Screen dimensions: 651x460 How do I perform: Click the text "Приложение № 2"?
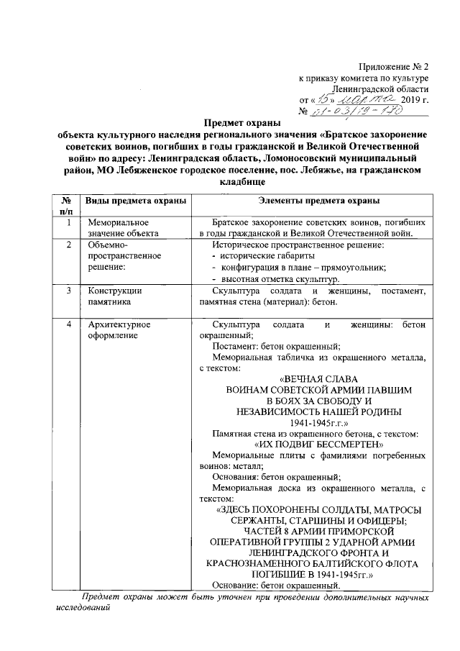(x=394, y=65)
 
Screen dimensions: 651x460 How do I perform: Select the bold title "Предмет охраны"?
(x=237, y=124)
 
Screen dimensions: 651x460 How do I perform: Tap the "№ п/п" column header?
(x=66, y=205)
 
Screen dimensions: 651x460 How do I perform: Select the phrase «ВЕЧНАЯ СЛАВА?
(x=318, y=378)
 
